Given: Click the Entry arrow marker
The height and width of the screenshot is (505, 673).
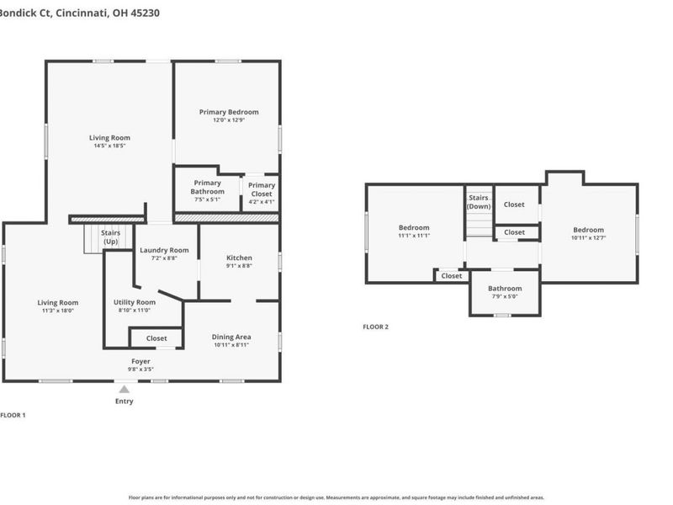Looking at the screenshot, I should pyautogui.click(x=124, y=389).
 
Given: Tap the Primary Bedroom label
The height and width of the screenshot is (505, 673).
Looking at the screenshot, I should pyautogui.click(x=229, y=112).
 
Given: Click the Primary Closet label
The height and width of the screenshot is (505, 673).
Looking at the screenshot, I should pyautogui.click(x=262, y=186).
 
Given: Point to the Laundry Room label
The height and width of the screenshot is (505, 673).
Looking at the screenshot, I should pyautogui.click(x=164, y=250).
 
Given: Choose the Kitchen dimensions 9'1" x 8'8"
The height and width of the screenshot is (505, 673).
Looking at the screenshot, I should pyautogui.click(x=239, y=266).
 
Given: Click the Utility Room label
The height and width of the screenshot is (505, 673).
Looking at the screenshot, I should pyautogui.click(x=135, y=302).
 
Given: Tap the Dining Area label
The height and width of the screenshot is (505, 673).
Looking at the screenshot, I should pyautogui.click(x=231, y=337).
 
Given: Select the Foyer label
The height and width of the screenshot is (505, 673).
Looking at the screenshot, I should pyautogui.click(x=140, y=361).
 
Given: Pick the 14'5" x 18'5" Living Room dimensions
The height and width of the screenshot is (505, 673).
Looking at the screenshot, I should pyautogui.click(x=109, y=146).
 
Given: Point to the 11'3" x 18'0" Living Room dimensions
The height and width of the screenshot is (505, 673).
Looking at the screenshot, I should pyautogui.click(x=57, y=311).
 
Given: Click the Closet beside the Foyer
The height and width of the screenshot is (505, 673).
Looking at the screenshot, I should pyautogui.click(x=156, y=338).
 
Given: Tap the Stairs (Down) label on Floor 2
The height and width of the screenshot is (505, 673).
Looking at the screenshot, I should pyautogui.click(x=479, y=202).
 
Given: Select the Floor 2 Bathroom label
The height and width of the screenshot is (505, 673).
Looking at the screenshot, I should pyautogui.click(x=505, y=289).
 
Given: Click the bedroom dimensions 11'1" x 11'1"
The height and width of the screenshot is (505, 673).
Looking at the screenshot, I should pyautogui.click(x=414, y=236).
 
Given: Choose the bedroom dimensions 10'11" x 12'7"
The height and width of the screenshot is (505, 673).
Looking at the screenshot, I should pyautogui.click(x=588, y=238).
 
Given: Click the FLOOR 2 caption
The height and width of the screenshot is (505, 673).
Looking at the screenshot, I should pyautogui.click(x=375, y=327).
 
